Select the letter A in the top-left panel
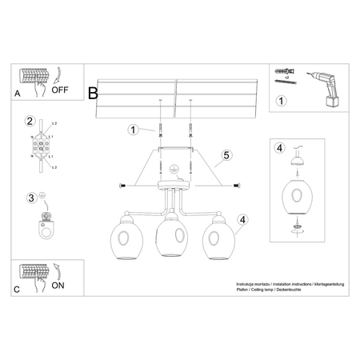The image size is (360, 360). (18, 93)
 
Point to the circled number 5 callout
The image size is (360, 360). (226, 156)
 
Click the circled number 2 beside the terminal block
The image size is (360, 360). (30, 122)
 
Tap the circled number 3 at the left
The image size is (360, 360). (30, 198)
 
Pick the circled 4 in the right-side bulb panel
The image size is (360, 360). (279, 148)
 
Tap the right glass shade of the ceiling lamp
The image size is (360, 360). (214, 240)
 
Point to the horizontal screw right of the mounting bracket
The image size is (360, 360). (237, 186)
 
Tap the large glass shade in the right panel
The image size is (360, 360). (299, 197)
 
